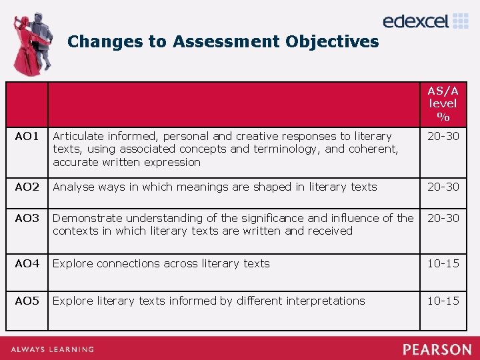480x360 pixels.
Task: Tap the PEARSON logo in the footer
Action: tap(437, 349)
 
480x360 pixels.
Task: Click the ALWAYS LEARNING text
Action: tap(51, 349)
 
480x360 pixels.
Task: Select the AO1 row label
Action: tap(27, 137)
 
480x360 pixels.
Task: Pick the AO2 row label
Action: tap(27, 187)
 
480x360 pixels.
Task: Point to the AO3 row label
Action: tap(27, 218)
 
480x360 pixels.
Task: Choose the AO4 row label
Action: tap(27, 263)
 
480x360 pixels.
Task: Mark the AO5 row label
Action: tap(27, 301)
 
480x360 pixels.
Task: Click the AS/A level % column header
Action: tap(443, 103)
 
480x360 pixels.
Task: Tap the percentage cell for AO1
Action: tap(443, 137)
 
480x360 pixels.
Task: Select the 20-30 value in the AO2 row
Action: tap(443, 187)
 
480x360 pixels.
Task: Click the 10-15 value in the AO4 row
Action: tap(443, 263)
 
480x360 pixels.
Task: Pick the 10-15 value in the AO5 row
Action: tap(443, 301)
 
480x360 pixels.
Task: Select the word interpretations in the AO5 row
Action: tap(325, 301)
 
